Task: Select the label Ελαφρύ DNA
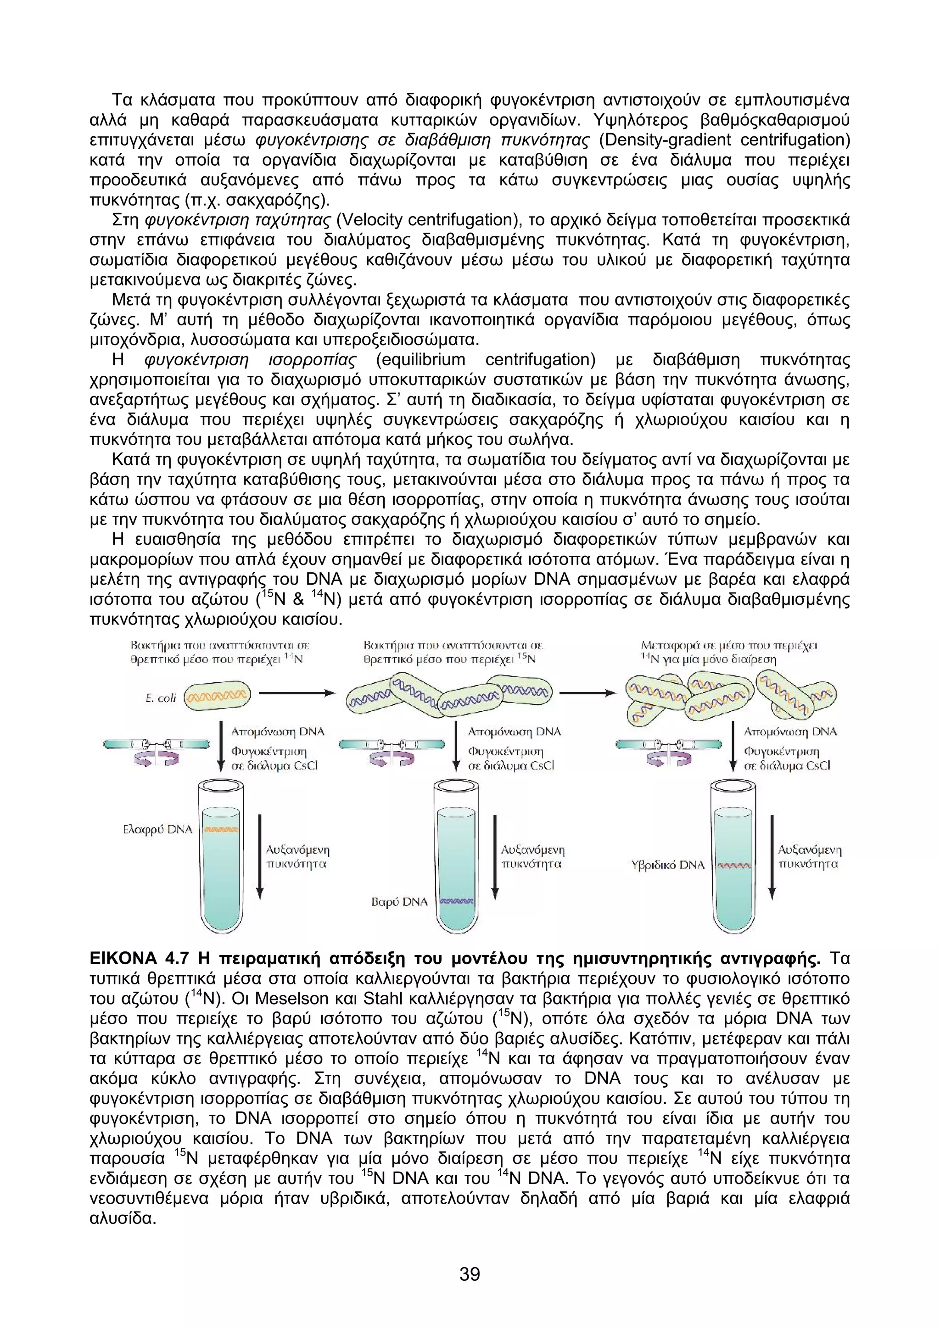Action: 157,829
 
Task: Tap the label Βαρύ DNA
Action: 399,902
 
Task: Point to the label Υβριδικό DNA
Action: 668,866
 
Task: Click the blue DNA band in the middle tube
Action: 457,901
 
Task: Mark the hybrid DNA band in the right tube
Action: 733,866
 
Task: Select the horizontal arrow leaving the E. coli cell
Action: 297,693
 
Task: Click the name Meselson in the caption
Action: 287,999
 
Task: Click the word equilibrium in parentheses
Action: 420,360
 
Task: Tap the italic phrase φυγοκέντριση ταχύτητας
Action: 237,220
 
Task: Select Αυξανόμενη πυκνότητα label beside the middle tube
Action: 532,857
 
